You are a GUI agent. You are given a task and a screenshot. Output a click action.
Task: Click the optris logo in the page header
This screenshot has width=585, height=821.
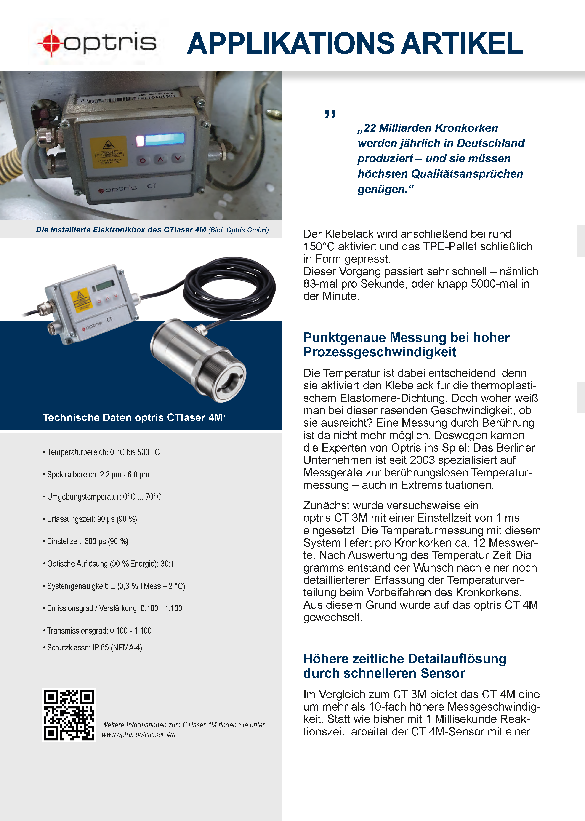point(97,43)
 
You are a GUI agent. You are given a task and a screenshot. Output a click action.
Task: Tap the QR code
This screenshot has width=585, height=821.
point(69,715)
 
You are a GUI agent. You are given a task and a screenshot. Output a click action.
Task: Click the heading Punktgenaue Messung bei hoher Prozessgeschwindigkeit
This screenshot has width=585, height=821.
point(406,345)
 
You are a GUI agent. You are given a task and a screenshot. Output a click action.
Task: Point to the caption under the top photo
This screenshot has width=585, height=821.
point(152,230)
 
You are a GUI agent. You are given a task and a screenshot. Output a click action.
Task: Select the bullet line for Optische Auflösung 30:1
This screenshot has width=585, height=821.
point(110,564)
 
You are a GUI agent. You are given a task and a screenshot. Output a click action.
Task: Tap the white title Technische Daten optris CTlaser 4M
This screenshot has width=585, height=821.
point(132,417)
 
